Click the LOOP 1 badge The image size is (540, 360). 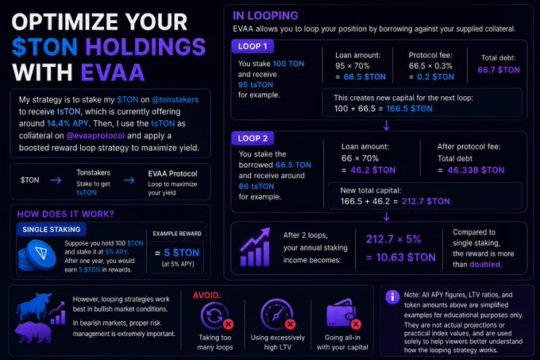tap(253, 46)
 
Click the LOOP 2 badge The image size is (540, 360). tap(253, 138)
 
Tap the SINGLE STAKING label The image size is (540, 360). tap(52, 230)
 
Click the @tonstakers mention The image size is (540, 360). tap(175, 99)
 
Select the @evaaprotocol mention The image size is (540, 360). tap(95, 136)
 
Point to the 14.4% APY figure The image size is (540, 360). tap(67, 123)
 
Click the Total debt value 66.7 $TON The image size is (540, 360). tap(499, 70)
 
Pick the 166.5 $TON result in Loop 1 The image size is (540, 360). tap(410, 109)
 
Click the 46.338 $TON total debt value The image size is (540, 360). tap(476, 170)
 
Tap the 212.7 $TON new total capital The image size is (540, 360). tap(426, 201)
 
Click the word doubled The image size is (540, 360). tap(486, 264)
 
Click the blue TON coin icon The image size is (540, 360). tap(37, 256)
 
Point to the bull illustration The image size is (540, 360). tap(34, 306)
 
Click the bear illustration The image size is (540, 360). tap(33, 332)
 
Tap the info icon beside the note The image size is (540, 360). tap(392, 297)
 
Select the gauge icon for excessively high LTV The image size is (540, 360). tap(278, 314)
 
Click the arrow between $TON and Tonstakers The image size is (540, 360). tap(56, 180)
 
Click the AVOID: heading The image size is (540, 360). tap(206, 296)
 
